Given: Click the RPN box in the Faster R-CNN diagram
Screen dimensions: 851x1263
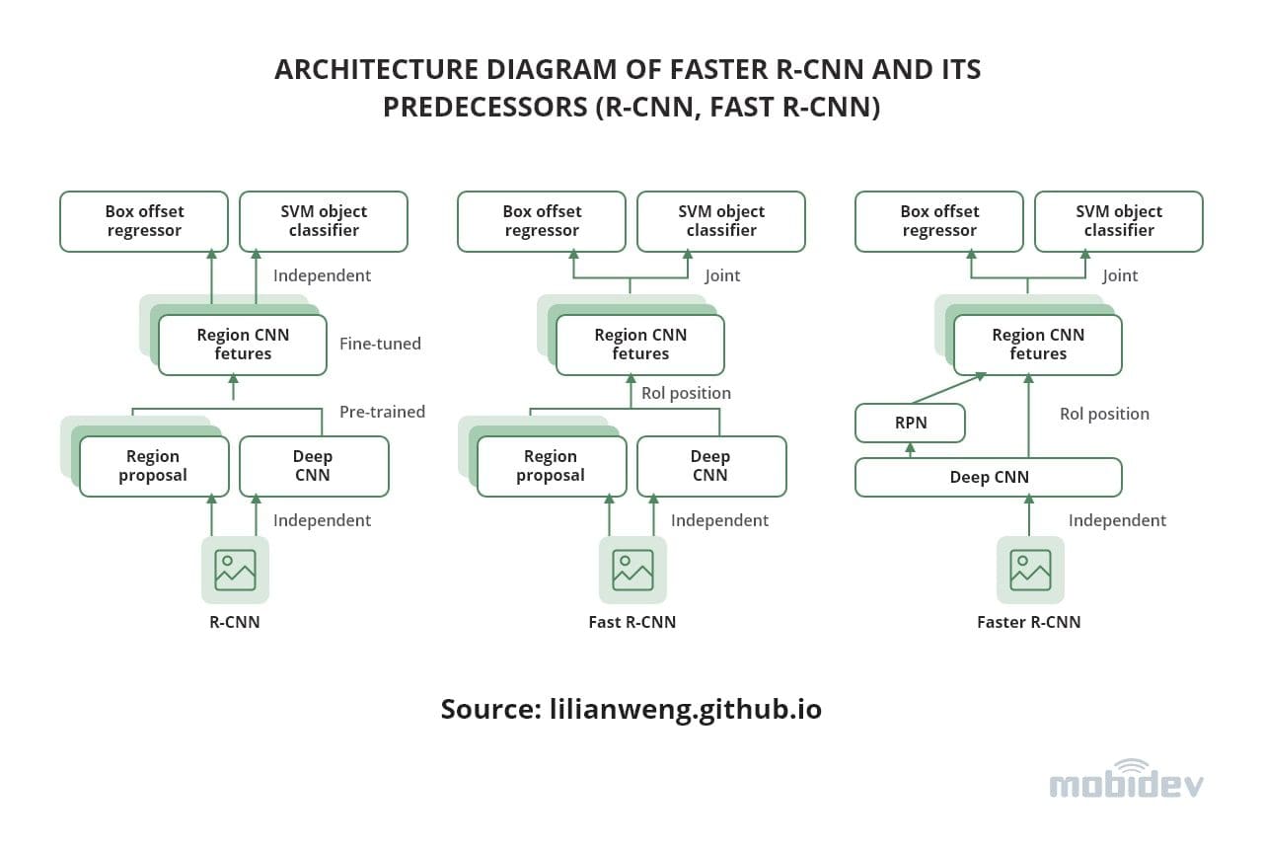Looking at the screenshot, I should pyautogui.click(x=910, y=424).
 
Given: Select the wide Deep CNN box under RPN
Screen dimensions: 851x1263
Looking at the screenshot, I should pyautogui.click(x=988, y=477).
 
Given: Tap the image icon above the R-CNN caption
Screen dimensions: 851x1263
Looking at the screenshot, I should pyautogui.click(x=235, y=570).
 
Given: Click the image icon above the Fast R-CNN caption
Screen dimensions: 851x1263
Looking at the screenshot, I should pyautogui.click(x=632, y=570).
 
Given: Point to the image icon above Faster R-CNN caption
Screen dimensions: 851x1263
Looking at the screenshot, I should pyautogui.click(x=1030, y=570).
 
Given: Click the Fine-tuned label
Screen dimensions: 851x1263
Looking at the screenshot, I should pyautogui.click(x=380, y=344).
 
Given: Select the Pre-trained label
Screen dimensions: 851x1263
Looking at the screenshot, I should pyautogui.click(x=382, y=412).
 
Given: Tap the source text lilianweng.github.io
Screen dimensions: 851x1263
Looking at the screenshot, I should pyautogui.click(x=685, y=709).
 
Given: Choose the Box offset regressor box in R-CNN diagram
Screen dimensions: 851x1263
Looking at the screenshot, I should pyautogui.click(x=144, y=221).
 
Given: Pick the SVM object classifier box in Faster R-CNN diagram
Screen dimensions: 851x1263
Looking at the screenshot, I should pyautogui.click(x=1119, y=221).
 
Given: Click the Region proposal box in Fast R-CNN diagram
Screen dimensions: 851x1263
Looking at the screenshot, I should pyautogui.click(x=551, y=466).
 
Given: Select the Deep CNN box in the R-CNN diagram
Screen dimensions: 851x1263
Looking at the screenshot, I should pyautogui.click(x=313, y=466).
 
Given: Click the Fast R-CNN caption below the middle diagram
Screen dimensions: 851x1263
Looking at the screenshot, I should pyautogui.click(x=631, y=622).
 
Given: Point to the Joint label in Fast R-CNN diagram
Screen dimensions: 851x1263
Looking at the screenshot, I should pyautogui.click(x=722, y=275).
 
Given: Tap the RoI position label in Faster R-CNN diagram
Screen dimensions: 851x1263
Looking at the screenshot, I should pyautogui.click(x=1104, y=414).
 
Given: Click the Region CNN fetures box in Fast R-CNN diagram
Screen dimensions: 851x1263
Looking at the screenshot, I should pyautogui.click(x=640, y=345).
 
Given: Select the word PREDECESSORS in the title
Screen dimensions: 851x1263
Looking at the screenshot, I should pyautogui.click(x=484, y=106).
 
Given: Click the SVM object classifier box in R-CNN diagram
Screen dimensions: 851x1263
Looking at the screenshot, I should pyautogui.click(x=324, y=221).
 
